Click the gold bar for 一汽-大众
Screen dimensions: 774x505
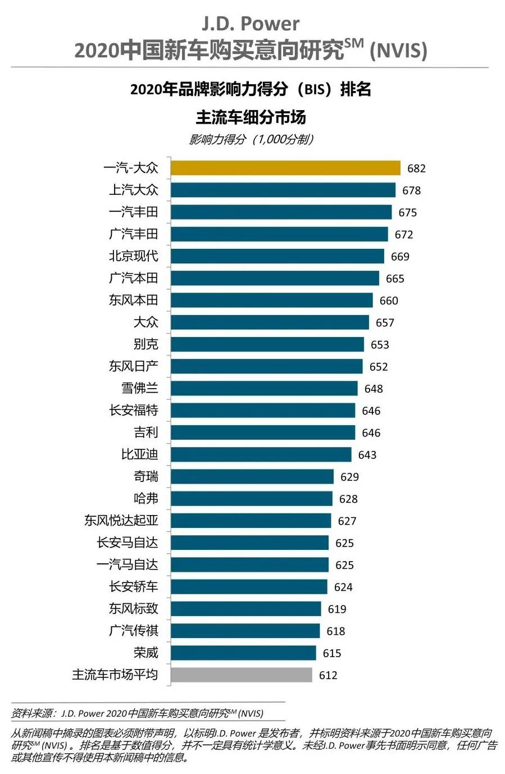285,168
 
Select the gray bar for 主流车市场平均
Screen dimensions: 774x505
242,675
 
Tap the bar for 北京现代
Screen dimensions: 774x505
277,256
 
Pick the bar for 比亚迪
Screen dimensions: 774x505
261,454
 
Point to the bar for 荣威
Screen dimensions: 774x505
243,653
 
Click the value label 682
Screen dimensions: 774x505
416,169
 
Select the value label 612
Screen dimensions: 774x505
328,675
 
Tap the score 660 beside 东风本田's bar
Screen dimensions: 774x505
389,301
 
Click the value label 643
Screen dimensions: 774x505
367,455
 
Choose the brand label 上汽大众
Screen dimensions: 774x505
134,190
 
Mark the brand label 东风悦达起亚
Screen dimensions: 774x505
121,521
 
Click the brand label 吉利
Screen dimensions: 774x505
146,432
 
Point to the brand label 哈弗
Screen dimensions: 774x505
146,498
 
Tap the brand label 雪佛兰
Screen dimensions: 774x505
140,388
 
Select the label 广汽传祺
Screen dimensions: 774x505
134,631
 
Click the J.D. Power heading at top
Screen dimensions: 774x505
251,24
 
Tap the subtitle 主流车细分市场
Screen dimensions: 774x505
251,117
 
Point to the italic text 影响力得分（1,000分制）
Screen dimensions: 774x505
251,139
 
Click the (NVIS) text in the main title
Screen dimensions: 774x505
398,51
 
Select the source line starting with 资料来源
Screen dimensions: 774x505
137,713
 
